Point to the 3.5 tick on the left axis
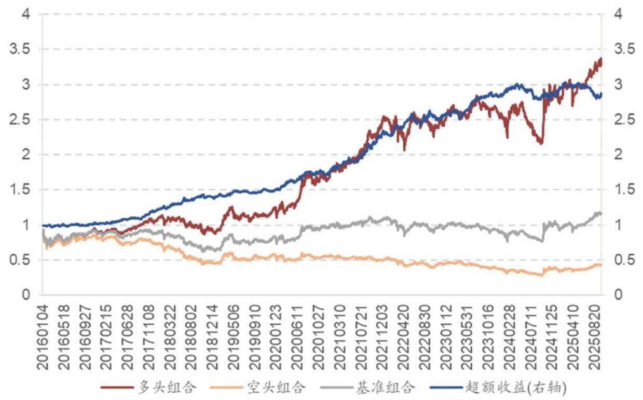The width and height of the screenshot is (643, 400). [20, 49]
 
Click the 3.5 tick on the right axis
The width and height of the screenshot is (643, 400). [623, 49]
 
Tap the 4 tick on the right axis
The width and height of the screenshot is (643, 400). [617, 14]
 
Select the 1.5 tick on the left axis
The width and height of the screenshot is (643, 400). [20, 190]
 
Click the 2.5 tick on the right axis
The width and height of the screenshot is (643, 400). [623, 120]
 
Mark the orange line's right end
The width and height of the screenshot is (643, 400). [601, 265]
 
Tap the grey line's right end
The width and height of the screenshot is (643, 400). [601, 213]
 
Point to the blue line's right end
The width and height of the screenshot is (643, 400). [601, 94]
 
